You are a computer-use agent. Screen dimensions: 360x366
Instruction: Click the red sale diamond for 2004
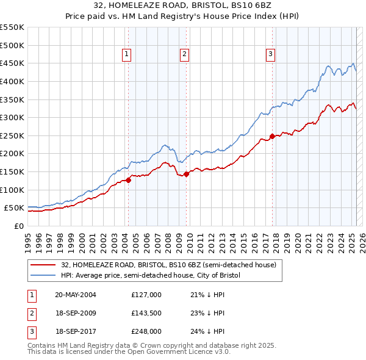[129, 180]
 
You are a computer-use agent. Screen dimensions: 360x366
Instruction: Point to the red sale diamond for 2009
[186, 174]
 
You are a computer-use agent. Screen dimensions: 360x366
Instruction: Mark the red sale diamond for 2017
[272, 136]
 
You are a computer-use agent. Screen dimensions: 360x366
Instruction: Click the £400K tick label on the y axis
[12, 81]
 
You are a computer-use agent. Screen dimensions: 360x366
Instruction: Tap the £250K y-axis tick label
[12, 135]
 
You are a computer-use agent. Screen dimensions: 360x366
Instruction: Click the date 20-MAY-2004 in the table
[76, 294]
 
